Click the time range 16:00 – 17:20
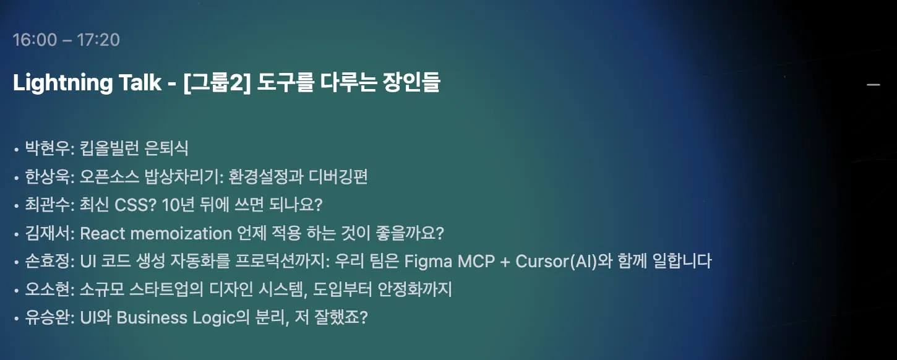click(66, 40)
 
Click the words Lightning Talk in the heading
click(87, 83)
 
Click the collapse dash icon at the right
click(873, 84)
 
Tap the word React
click(101, 234)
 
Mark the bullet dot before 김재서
click(16, 235)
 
